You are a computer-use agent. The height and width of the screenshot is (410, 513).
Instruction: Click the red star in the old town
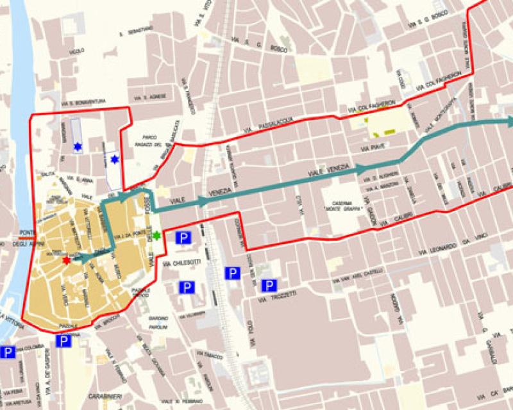[67, 261]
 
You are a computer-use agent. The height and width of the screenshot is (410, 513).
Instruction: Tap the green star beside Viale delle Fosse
[156, 235]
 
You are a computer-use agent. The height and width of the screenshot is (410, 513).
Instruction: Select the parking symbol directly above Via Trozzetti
[270, 285]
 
